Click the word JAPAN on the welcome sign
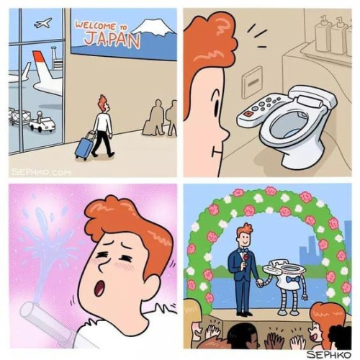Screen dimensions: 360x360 pos(111,39)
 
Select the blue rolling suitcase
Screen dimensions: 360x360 pos(84,147)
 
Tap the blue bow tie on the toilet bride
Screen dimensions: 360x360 pos(290,279)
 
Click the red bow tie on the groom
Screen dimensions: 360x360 pos(243,255)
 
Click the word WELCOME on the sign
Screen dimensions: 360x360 pos(97,25)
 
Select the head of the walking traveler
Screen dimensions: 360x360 pos(103,103)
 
